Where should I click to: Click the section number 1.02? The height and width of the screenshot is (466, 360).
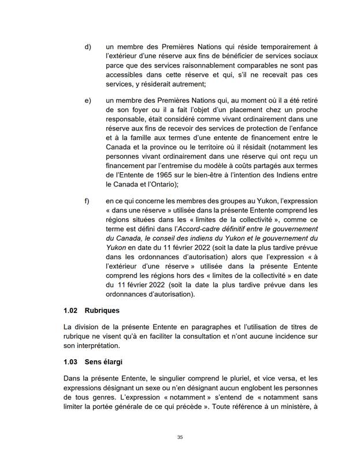tap(71, 310)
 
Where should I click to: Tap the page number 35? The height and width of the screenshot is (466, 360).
tap(180, 437)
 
